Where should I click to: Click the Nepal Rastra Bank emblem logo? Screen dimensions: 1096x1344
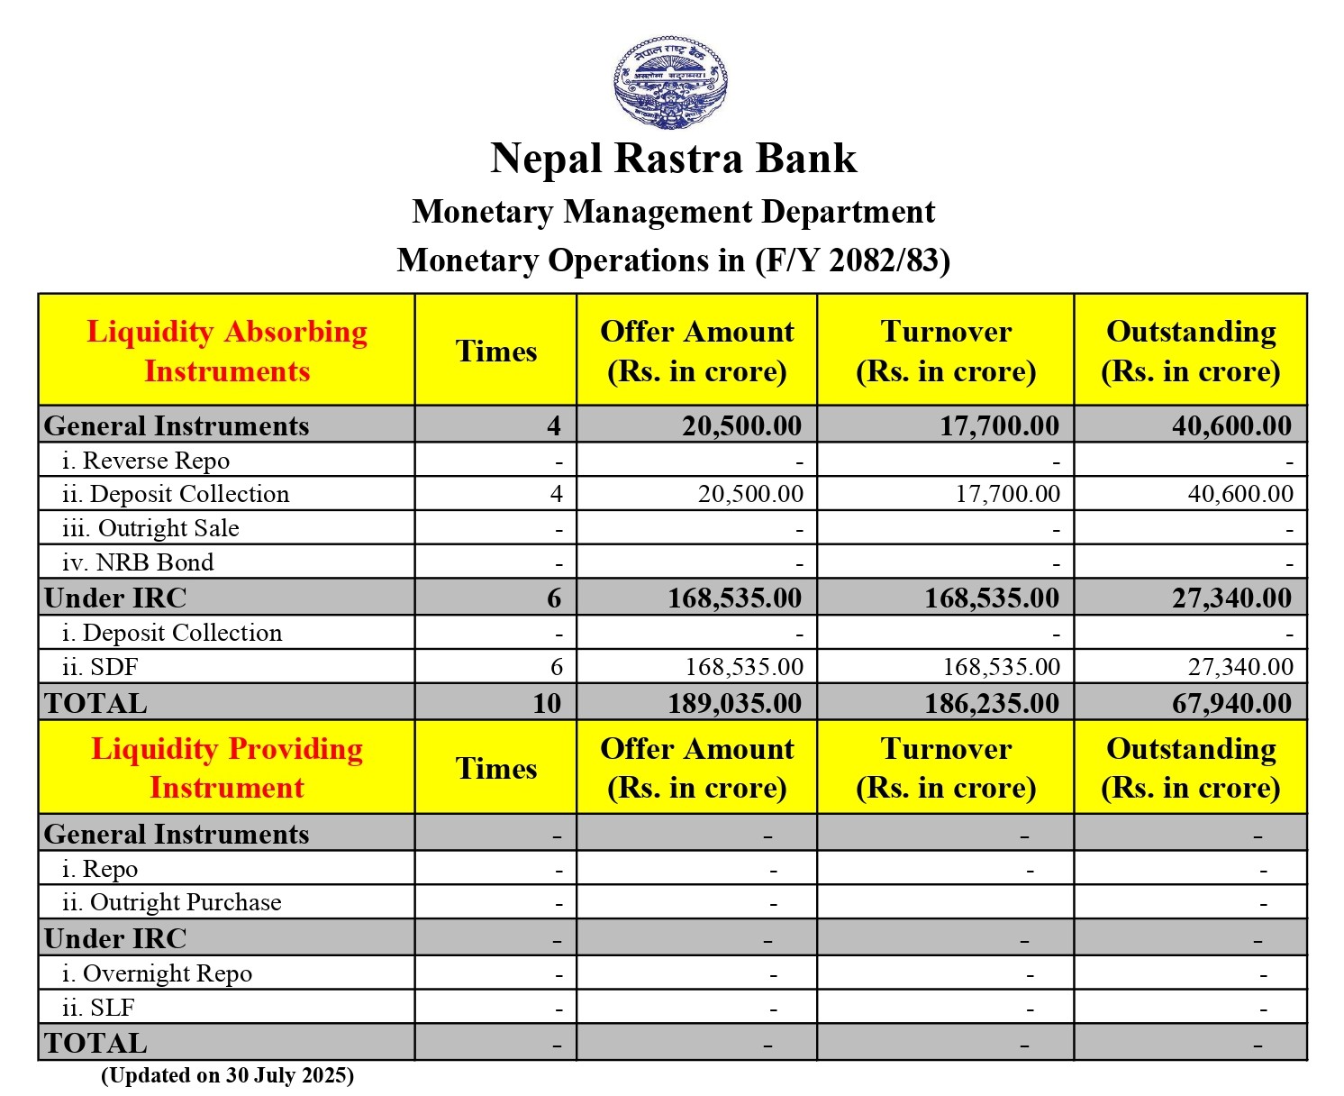[x=671, y=82]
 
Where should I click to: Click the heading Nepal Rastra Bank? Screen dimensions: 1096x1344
[x=673, y=158]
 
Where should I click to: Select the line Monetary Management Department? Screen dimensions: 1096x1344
[x=673, y=212]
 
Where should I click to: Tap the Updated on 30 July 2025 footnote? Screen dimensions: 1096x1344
[x=227, y=1075]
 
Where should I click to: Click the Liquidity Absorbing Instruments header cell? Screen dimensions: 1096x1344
[x=227, y=351]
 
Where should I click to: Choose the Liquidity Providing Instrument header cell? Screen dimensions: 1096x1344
[x=227, y=768]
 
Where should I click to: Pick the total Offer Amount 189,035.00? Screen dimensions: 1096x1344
[x=734, y=703]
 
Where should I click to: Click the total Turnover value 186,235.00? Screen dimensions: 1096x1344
[x=992, y=703]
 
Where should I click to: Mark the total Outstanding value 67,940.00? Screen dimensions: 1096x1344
[x=1231, y=703]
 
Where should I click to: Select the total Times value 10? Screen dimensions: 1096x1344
[x=547, y=703]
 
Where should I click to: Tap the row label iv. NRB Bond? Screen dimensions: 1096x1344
[x=138, y=562]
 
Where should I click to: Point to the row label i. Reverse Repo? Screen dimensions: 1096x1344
[x=146, y=461]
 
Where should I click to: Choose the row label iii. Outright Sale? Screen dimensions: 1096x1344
[x=150, y=528]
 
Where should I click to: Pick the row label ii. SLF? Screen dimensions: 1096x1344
[x=98, y=1008]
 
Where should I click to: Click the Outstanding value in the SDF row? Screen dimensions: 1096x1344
[x=1240, y=667]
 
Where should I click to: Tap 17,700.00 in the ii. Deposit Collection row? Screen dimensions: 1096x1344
[x=1008, y=494]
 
